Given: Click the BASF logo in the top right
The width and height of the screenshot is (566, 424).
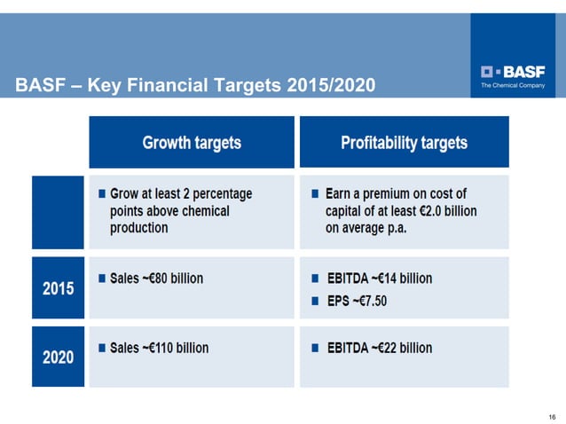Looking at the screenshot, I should (x=513, y=71).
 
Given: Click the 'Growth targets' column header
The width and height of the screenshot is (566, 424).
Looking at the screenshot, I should (x=192, y=142).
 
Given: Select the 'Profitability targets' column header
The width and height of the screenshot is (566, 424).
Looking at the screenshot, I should (x=404, y=142).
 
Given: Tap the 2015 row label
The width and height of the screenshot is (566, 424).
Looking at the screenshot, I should (x=59, y=288).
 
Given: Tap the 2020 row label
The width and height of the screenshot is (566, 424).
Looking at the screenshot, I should (x=59, y=357).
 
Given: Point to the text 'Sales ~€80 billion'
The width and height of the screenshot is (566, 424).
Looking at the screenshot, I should (x=156, y=279).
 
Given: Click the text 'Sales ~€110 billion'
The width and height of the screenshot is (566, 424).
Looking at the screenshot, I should (x=159, y=348).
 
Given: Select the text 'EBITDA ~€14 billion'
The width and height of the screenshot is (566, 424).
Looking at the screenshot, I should (x=379, y=279).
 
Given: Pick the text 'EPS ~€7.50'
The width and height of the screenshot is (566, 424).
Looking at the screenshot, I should (x=356, y=301).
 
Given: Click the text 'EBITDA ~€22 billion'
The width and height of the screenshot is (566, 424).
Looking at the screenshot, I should (x=379, y=348).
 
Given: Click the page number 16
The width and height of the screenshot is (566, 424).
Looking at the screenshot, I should (x=551, y=416).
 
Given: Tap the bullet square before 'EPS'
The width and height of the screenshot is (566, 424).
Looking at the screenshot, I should (x=314, y=302).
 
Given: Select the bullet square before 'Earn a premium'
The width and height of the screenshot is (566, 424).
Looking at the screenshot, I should (x=314, y=193).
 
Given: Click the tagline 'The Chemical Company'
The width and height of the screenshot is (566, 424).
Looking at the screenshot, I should (x=513, y=85).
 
